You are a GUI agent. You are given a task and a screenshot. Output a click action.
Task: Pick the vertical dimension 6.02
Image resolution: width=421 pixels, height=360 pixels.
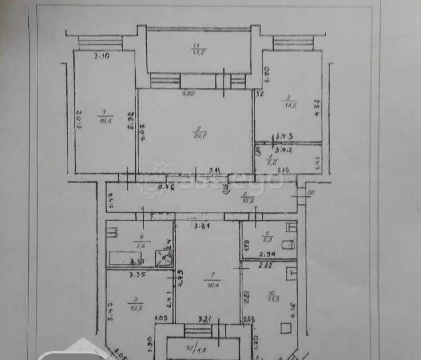click(79, 120)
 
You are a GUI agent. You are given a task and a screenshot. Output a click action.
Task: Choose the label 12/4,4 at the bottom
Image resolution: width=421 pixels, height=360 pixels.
click(192, 344)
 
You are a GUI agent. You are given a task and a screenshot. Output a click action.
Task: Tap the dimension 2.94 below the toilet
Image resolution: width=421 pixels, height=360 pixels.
click(268, 255)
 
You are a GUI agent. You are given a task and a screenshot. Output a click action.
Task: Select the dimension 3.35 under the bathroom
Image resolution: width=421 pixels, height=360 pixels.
click(137, 275)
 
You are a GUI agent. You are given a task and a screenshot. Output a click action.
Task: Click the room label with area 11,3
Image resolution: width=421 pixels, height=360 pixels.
click(271, 296)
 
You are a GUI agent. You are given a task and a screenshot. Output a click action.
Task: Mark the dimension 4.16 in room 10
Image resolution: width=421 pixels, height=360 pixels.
click(293, 307)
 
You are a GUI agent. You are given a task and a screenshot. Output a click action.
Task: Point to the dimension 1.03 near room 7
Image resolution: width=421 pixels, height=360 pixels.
click(160, 318)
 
